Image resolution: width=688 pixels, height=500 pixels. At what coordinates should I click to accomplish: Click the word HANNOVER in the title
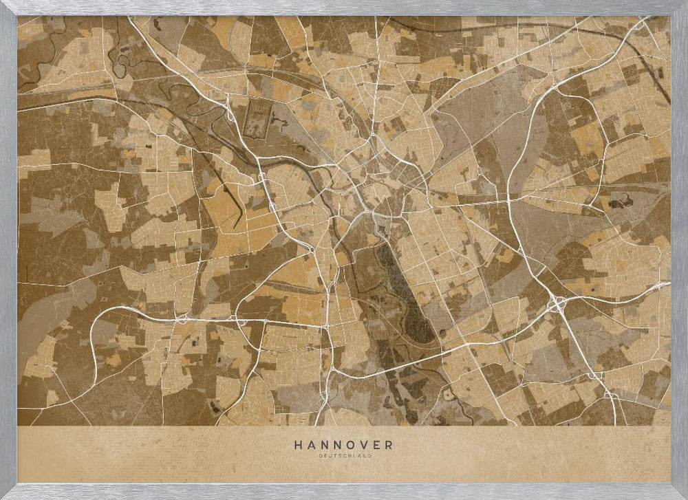pyautogui.click(x=344, y=445)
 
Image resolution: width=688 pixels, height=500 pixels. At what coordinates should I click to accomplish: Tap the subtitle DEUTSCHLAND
pyautogui.click(x=344, y=455)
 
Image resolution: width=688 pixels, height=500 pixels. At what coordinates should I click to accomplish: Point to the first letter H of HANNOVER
pyautogui.click(x=297, y=445)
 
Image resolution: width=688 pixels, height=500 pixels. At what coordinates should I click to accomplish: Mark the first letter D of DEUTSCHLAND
pyautogui.click(x=321, y=455)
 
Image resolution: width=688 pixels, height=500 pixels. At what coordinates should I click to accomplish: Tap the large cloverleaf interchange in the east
pyautogui.click(x=557, y=302)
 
